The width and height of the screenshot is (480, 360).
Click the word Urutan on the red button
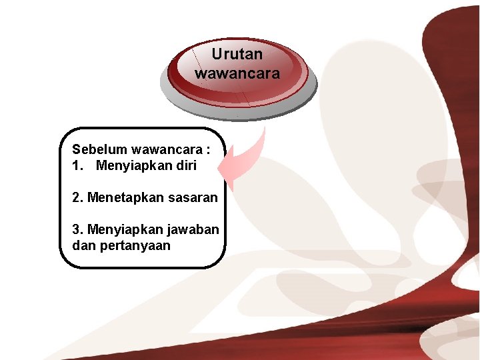click(x=237, y=54)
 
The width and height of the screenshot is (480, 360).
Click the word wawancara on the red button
click(x=237, y=73)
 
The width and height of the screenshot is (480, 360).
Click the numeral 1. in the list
click(x=77, y=165)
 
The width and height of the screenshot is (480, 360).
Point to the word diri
click(x=185, y=165)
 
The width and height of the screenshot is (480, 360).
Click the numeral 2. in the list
click(x=78, y=197)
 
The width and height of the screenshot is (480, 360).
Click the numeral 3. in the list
click(x=78, y=229)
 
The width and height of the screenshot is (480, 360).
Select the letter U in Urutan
click(x=217, y=54)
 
